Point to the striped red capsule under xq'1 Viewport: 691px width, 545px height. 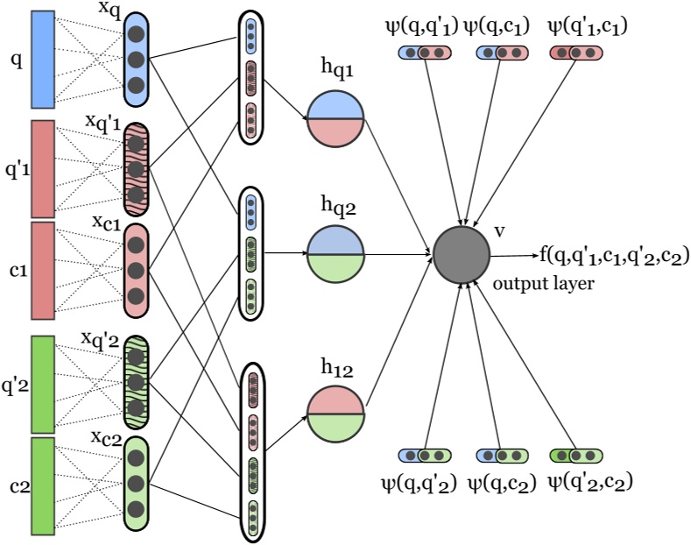click(135, 168)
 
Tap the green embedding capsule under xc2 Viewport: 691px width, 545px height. click(135, 484)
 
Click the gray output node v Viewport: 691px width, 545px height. click(462, 254)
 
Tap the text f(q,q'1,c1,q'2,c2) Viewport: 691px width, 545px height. click(614, 255)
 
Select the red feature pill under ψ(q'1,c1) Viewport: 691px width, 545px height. click(577, 53)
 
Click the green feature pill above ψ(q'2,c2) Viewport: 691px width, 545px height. click(577, 456)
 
